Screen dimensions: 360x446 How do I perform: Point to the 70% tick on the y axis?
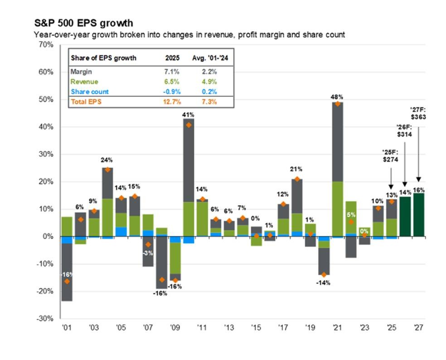tap(45, 45)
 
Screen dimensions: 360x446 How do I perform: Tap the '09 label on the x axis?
tap(175, 326)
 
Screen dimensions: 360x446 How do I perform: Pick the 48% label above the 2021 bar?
tap(337, 97)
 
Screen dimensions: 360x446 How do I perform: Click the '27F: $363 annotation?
tap(418, 113)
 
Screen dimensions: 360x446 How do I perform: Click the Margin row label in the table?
tap(81, 72)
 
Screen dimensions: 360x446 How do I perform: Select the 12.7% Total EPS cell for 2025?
tap(171, 101)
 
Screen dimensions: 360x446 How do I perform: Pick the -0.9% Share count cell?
tap(171, 91)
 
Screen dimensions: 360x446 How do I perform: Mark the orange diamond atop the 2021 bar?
tap(337, 104)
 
